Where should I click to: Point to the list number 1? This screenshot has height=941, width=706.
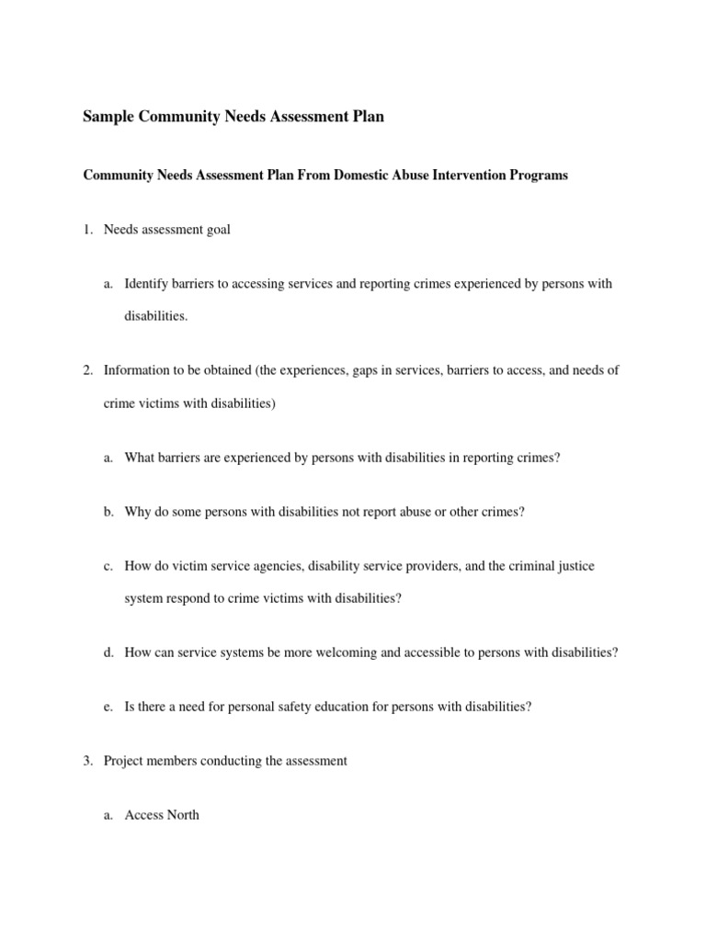click(x=87, y=230)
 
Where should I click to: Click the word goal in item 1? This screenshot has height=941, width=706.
click(x=218, y=230)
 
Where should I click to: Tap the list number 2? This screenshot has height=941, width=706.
click(x=87, y=370)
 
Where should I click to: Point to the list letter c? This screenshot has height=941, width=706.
click(x=108, y=566)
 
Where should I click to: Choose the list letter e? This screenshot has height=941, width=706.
click(x=108, y=707)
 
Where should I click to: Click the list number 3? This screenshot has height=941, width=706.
click(x=87, y=761)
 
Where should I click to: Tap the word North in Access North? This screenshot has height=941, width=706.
click(x=182, y=815)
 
